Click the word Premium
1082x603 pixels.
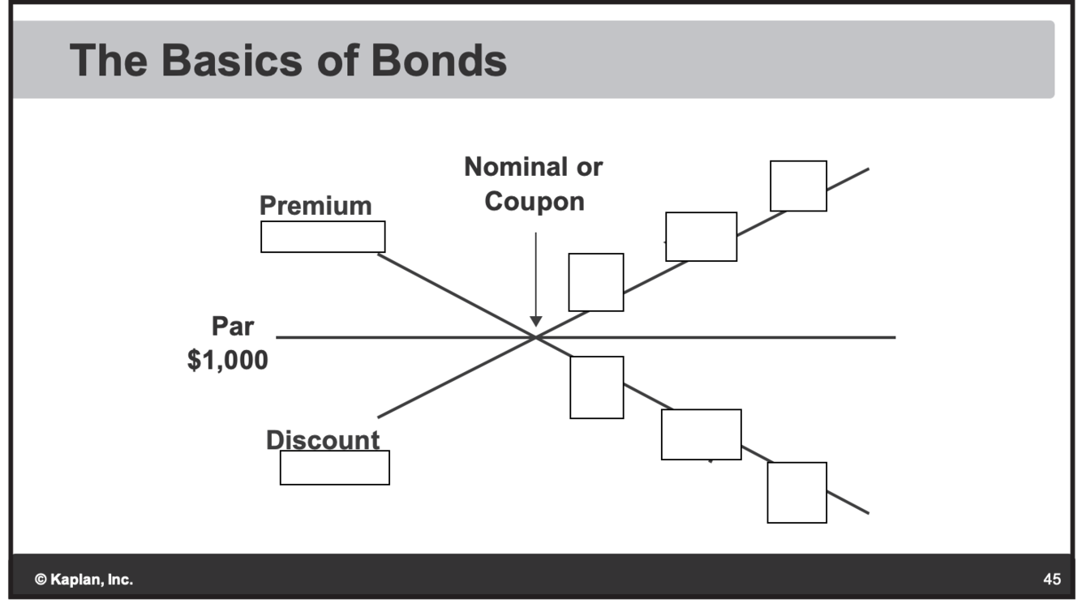(x=316, y=206)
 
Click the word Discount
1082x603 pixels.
(x=323, y=440)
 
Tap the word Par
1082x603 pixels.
(x=233, y=327)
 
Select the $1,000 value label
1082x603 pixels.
(x=228, y=360)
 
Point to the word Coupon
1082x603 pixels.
(x=535, y=201)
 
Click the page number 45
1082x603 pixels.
(x=1052, y=579)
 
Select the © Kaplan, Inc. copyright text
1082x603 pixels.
(x=84, y=579)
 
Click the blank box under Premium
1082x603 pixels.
(x=323, y=237)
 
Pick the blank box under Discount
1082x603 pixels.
(x=335, y=468)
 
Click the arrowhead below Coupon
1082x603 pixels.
(x=535, y=321)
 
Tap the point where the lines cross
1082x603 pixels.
(x=535, y=337)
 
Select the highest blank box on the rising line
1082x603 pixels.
(x=798, y=186)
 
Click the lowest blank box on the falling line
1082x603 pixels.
(x=797, y=493)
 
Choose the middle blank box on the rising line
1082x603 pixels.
(x=702, y=237)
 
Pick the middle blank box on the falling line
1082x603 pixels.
(x=702, y=434)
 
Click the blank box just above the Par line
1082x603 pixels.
(x=596, y=282)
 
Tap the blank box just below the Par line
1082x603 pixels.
(x=597, y=387)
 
